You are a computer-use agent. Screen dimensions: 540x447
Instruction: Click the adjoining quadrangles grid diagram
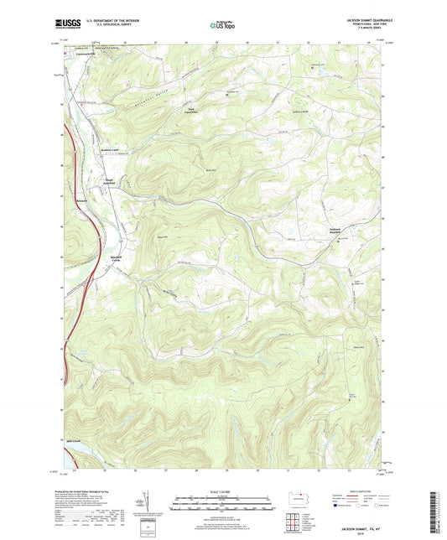coord(295,525)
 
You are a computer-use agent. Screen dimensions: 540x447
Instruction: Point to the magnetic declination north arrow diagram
coord(150,505)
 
